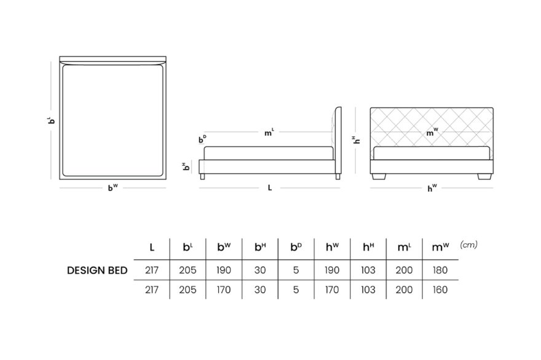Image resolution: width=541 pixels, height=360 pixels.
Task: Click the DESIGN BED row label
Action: click(97, 270)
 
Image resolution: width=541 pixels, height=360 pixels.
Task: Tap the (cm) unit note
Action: click(468, 245)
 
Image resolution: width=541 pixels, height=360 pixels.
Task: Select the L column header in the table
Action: click(152, 247)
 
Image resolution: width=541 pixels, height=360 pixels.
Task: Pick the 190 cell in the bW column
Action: click(224, 270)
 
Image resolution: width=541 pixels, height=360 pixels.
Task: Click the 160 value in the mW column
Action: click(440, 289)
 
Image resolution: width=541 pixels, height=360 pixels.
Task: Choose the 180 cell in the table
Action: click(440, 270)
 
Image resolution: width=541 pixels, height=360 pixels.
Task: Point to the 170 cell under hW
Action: click(332, 289)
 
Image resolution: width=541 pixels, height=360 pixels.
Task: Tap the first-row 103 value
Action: click(368, 270)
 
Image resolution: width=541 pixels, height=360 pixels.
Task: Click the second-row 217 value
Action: click(152, 289)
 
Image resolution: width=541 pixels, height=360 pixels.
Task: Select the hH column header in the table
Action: click(368, 247)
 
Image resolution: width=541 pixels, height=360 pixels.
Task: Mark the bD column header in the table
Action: click(296, 247)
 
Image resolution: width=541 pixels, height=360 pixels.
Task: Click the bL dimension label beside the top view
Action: click(51, 120)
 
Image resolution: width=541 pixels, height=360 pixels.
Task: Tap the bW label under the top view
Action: click(113, 187)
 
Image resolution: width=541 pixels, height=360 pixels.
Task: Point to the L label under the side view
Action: click(270, 187)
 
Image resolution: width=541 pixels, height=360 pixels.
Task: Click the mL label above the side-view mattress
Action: click(269, 132)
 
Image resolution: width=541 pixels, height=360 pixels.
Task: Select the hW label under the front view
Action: click(432, 188)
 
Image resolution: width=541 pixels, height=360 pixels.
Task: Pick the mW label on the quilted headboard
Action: click(432, 133)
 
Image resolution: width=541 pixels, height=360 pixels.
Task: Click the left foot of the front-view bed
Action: click(379, 176)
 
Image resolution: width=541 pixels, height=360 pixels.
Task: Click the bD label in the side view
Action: click(202, 139)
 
